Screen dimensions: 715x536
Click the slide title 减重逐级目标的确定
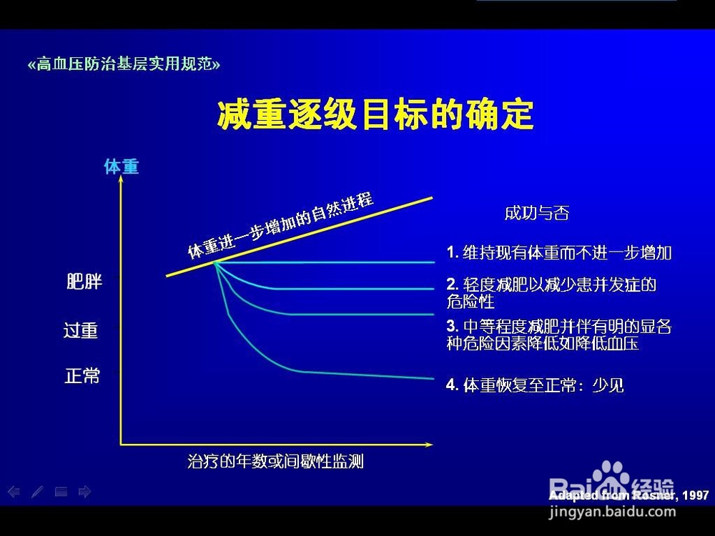coord(375,114)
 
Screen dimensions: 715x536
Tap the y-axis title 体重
coord(122,167)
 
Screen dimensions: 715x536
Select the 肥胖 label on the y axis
coord(84,282)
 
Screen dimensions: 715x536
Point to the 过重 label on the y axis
coord(81,330)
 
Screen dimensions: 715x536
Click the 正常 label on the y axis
coord(82,376)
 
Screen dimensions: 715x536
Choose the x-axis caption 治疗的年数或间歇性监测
coord(275,461)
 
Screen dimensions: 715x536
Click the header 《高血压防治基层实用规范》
coord(124,64)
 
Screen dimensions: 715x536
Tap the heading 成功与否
coord(537,213)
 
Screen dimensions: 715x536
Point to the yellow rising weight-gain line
coord(299,237)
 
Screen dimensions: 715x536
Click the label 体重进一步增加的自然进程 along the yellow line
coord(281,225)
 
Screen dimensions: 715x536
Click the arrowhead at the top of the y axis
coord(121,179)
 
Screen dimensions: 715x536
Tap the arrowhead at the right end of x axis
coord(428,445)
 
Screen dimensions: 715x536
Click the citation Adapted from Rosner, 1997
coord(628,495)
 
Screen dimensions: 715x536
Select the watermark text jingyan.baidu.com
coord(612,512)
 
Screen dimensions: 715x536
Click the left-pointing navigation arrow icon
coord(14,492)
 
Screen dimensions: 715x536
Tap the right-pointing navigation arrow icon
coord(85,492)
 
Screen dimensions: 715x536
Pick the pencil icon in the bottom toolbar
coord(37,492)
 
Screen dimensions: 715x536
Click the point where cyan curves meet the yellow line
coord(214,262)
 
